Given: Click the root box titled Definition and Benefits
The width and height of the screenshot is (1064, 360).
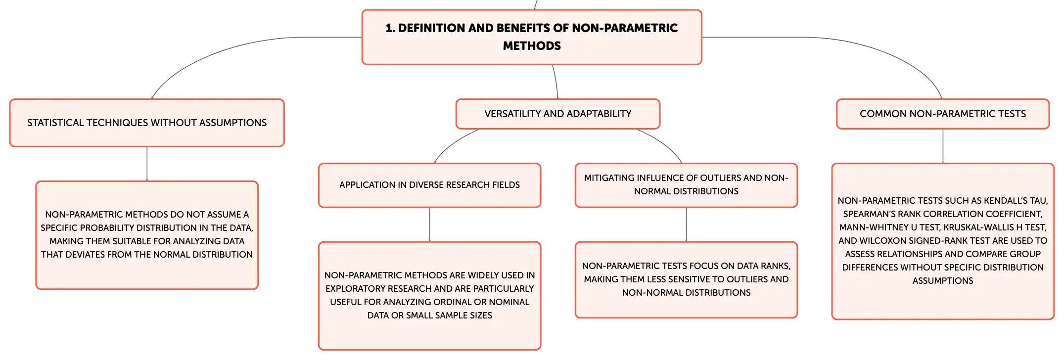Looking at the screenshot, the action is tap(532, 37).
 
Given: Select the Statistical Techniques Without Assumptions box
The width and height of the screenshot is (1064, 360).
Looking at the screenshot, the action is tap(147, 123).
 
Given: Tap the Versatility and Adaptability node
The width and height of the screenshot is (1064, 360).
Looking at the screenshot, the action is tap(558, 114).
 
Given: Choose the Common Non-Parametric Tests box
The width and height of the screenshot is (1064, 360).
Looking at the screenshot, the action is tap(943, 114).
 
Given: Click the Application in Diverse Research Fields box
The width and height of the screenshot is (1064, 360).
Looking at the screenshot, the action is tap(430, 185).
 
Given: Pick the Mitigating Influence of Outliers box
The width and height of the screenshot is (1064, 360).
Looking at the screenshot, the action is tap(686, 185).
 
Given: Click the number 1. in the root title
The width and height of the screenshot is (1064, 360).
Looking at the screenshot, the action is tap(390, 28).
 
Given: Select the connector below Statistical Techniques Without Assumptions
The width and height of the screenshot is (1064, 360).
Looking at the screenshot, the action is tap(147, 164).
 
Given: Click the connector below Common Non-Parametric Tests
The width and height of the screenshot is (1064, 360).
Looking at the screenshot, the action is tap(943, 146).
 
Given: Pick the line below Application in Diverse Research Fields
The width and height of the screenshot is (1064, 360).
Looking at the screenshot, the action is tap(430, 225).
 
